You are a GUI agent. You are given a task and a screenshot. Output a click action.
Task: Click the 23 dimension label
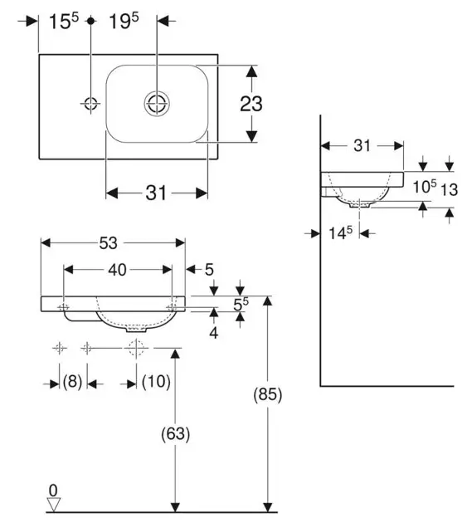[x=251, y=104]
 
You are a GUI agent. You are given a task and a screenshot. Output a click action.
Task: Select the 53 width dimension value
[x=108, y=243]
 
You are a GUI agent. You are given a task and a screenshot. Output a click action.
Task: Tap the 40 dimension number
[x=117, y=270]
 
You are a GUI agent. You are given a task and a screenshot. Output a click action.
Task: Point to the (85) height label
[x=268, y=394]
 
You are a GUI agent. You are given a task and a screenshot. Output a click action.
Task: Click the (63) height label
[x=175, y=434]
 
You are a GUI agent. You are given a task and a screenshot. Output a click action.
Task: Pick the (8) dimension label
[x=72, y=381]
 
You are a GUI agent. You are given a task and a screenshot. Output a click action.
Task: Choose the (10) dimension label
[x=156, y=381]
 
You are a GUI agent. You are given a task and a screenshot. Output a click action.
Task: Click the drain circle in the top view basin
[x=157, y=103]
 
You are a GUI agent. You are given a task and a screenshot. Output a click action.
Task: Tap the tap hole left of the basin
[x=90, y=104]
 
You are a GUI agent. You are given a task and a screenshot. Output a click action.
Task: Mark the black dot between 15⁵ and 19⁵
[x=90, y=21]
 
